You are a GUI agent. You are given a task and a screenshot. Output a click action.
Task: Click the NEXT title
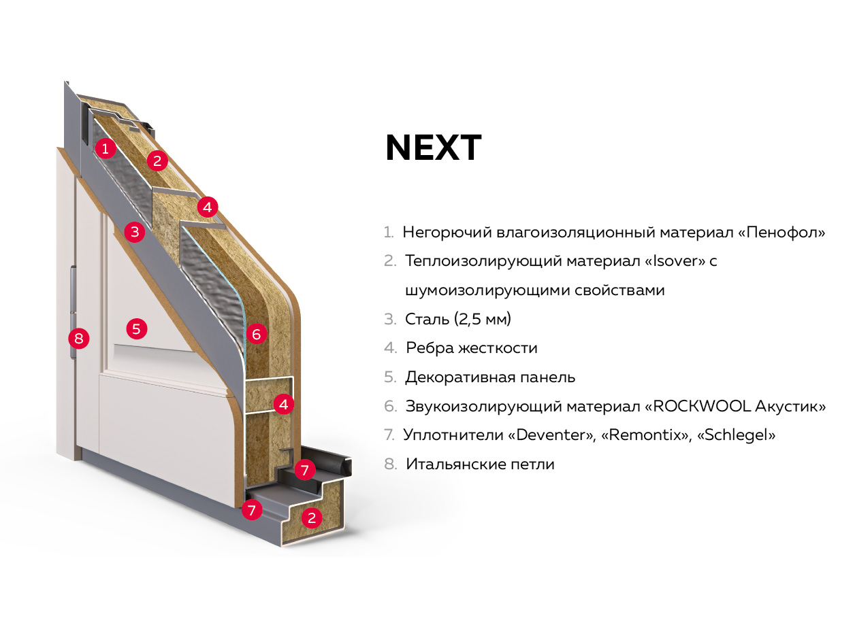(x=434, y=148)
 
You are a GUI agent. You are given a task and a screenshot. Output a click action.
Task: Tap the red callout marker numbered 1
(x=105, y=148)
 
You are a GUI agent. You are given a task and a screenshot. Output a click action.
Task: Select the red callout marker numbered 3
(x=135, y=232)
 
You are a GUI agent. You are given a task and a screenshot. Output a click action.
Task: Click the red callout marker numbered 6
(x=256, y=334)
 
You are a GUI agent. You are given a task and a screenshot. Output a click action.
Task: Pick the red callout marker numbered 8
(x=79, y=337)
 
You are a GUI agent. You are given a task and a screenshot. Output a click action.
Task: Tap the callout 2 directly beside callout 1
(x=157, y=161)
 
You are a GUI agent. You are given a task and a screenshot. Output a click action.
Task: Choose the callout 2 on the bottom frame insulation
(x=312, y=518)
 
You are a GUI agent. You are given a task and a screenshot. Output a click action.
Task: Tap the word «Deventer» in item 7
(x=553, y=435)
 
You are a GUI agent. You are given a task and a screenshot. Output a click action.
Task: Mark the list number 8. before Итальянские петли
(x=389, y=464)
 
